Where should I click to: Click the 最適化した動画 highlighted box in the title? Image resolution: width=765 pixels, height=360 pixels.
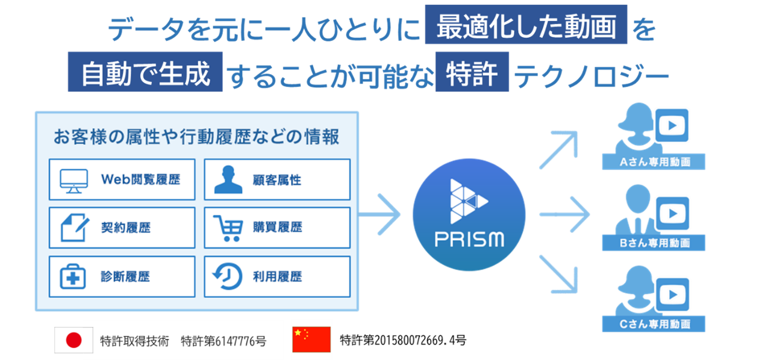click(526, 25)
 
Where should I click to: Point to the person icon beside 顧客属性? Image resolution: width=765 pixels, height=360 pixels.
click(228, 179)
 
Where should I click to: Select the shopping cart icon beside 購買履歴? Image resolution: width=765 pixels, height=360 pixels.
click(228, 228)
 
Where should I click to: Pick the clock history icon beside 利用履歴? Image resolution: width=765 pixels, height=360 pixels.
click(228, 276)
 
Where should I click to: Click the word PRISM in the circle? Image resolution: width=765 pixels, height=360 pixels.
click(469, 240)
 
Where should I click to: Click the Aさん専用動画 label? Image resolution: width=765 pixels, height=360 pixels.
click(654, 163)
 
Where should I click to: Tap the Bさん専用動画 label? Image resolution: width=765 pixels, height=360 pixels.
click(654, 243)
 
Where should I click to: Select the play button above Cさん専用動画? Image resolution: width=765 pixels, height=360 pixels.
click(672, 294)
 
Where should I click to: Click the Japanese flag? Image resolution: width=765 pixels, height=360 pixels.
click(73, 340)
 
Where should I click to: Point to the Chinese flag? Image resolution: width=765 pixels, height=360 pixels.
click(311, 340)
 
